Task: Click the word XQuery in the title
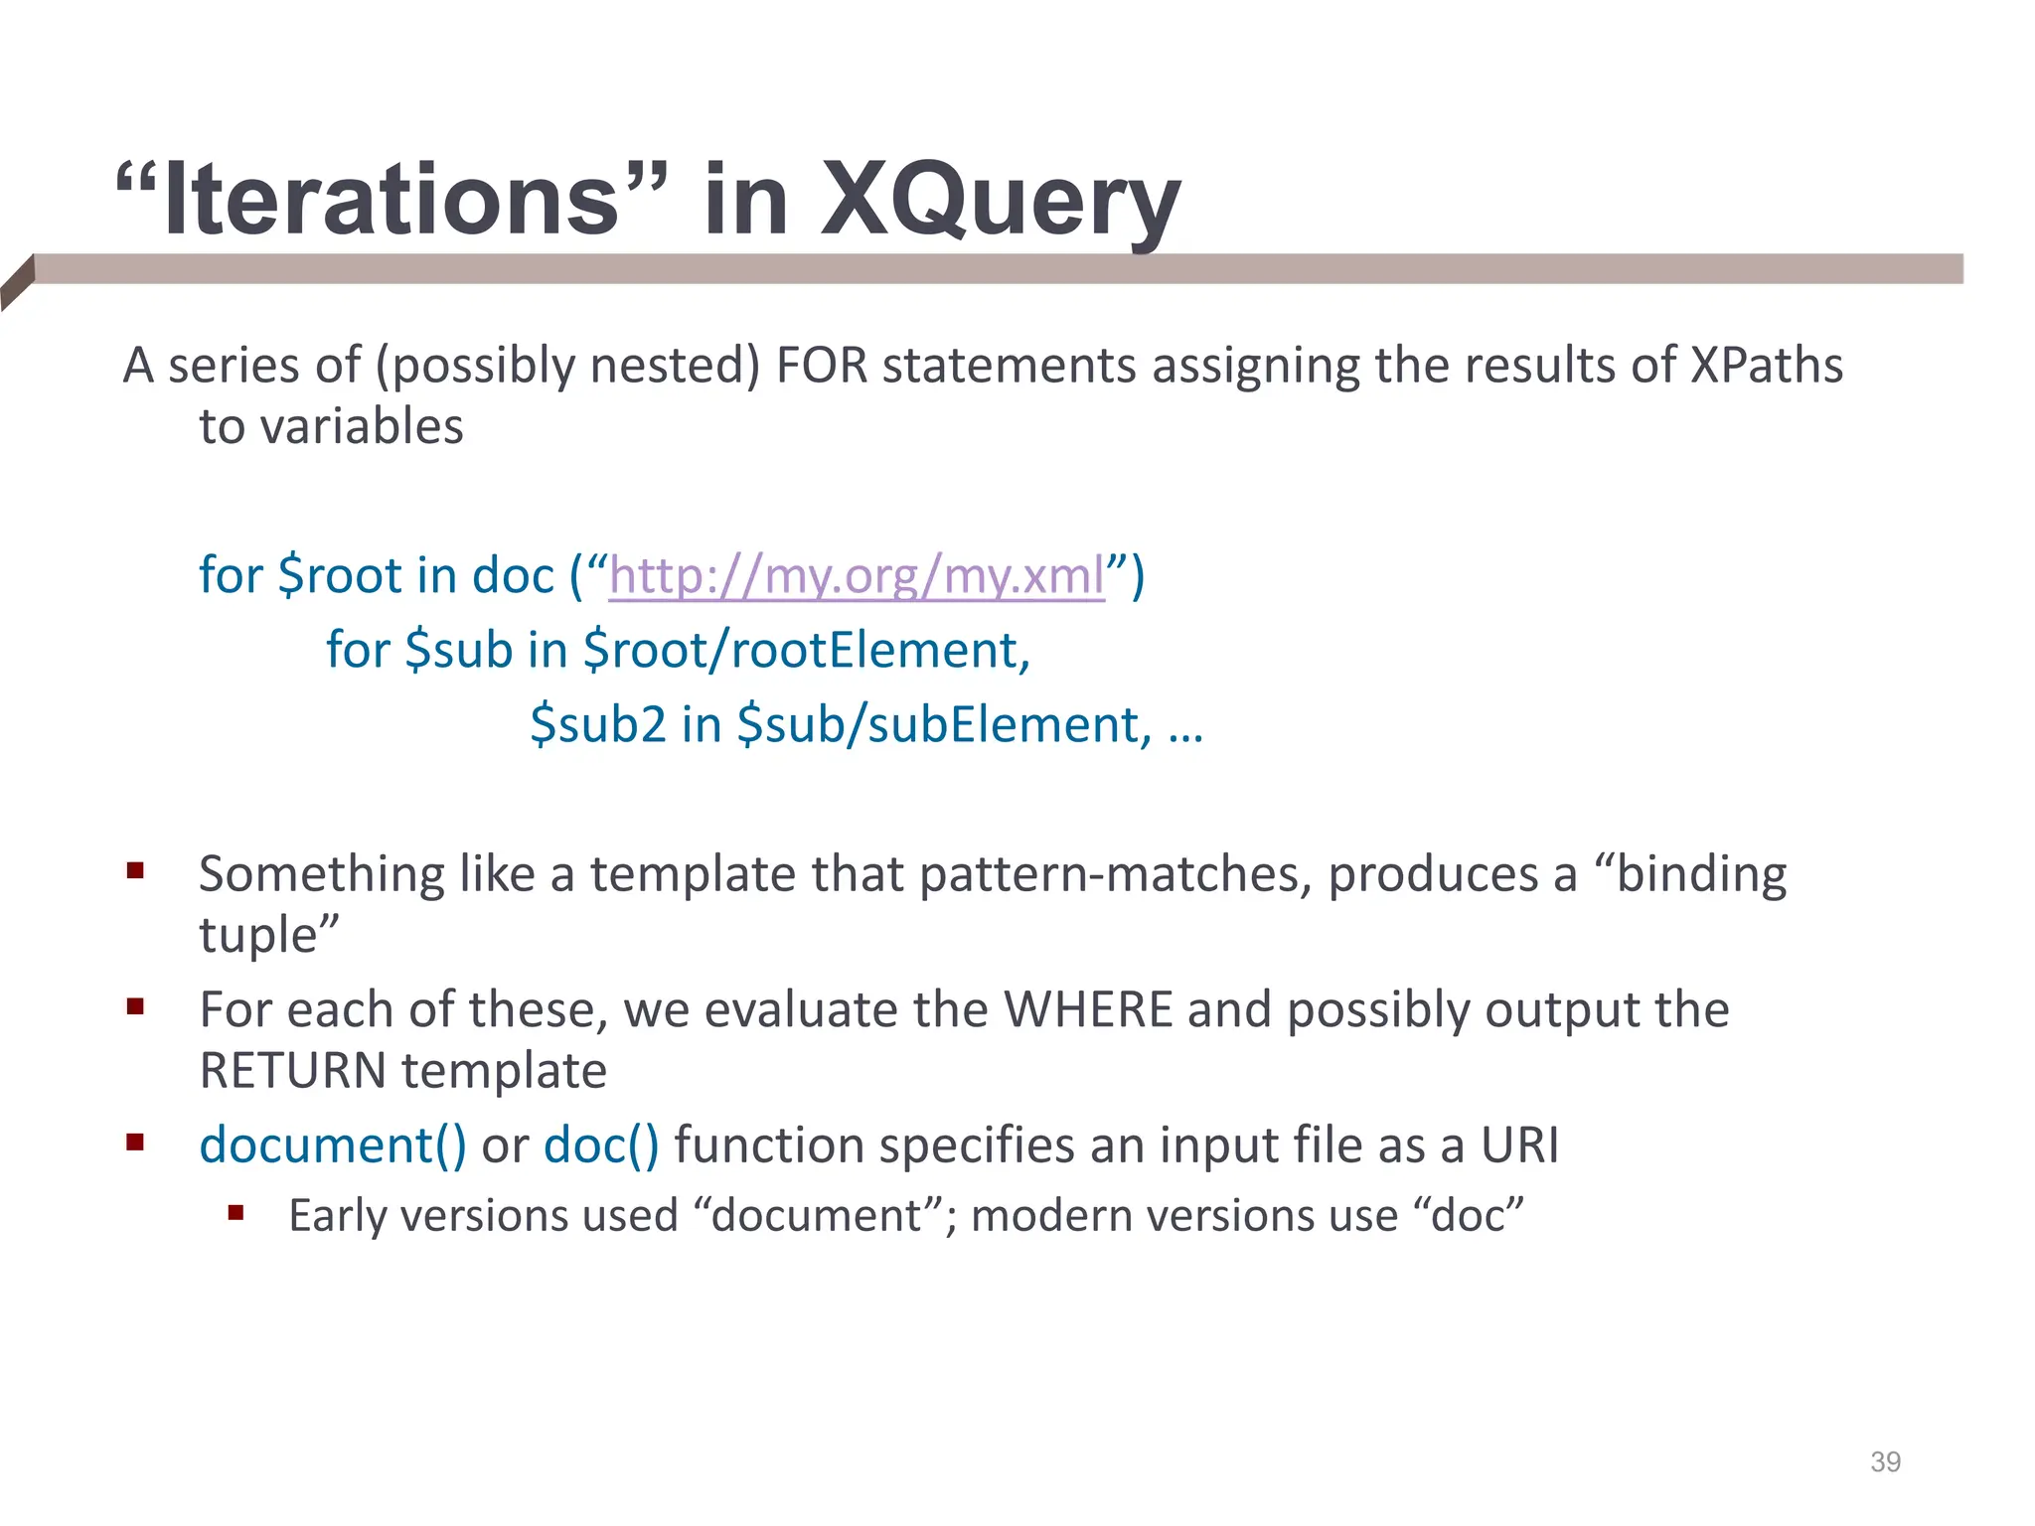(x=1000, y=202)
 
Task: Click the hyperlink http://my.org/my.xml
(x=857, y=576)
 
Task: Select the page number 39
(x=1885, y=1461)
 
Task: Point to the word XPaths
(x=1766, y=366)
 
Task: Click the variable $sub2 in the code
(x=597, y=724)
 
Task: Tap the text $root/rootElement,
(x=807, y=651)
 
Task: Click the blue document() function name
(x=332, y=1145)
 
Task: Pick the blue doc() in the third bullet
(x=601, y=1145)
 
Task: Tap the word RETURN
(x=293, y=1072)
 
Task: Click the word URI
(x=1519, y=1145)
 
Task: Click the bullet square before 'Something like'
(x=136, y=872)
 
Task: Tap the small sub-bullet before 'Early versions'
(x=235, y=1213)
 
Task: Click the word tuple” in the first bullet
(x=268, y=936)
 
